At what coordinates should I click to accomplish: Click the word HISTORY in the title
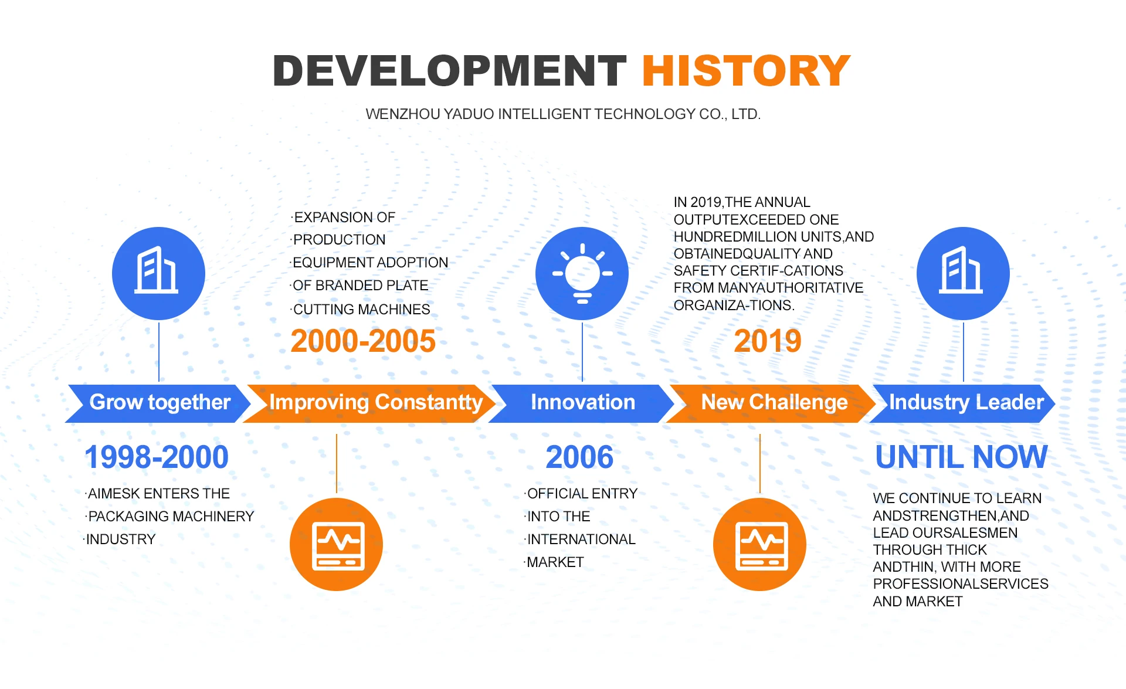coord(746,71)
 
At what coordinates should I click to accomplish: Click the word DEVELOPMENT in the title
coord(450,71)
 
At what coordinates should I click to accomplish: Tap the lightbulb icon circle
coord(582,273)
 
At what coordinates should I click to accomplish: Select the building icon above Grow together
coord(158,273)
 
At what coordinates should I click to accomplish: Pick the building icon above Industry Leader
coord(963,273)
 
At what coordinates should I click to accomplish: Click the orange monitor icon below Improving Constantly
coord(336,544)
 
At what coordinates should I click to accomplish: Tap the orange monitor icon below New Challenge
coord(759,544)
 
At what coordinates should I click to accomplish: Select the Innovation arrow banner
coord(582,403)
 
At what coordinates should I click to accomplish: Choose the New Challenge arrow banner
coord(771,403)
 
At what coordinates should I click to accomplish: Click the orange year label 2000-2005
coord(363,341)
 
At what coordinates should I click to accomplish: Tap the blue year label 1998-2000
coord(157,457)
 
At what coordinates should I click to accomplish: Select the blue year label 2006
coord(579,457)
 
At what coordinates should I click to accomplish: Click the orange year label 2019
coord(768,341)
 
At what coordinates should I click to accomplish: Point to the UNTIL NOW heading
coord(961,457)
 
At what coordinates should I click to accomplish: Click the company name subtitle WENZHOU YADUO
coord(563,114)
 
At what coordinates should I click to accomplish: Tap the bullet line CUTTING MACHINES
coord(361,309)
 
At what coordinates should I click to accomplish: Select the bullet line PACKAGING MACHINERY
coord(169,516)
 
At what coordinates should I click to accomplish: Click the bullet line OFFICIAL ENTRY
coord(581,493)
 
